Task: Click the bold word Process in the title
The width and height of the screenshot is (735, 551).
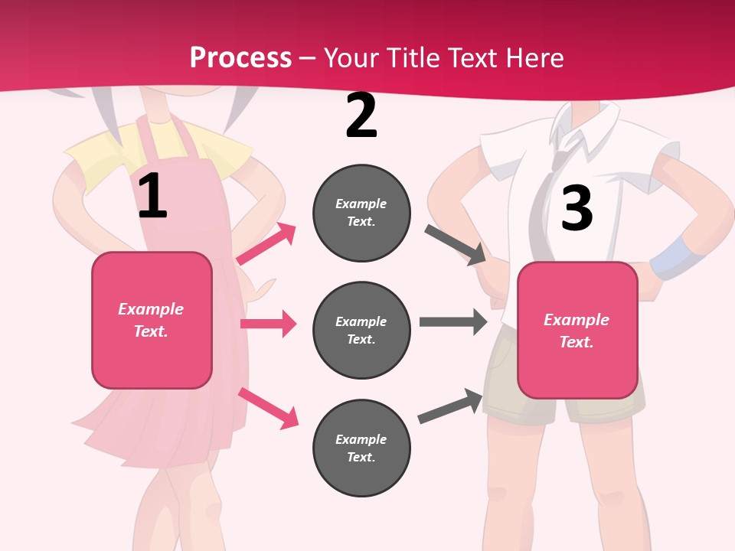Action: [x=240, y=57]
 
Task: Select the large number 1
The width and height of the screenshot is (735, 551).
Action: [x=152, y=197]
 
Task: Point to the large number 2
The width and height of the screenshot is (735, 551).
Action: [x=361, y=116]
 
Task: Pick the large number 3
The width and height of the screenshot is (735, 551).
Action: [x=577, y=208]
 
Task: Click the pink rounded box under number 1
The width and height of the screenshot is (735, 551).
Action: [x=152, y=320]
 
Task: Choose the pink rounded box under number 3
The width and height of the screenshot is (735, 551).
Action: [x=577, y=331]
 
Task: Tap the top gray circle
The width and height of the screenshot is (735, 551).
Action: [x=361, y=213]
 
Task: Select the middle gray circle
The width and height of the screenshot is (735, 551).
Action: [x=361, y=331]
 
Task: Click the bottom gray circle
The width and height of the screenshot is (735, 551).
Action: [x=361, y=448]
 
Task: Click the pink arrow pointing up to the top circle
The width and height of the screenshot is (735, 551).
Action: [x=266, y=244]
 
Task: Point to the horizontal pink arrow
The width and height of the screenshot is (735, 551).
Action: [x=268, y=324]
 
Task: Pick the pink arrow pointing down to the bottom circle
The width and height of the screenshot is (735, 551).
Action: [x=268, y=408]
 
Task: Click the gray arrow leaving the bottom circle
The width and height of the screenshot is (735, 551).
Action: [x=451, y=406]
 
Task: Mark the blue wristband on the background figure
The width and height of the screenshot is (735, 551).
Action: [x=671, y=256]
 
